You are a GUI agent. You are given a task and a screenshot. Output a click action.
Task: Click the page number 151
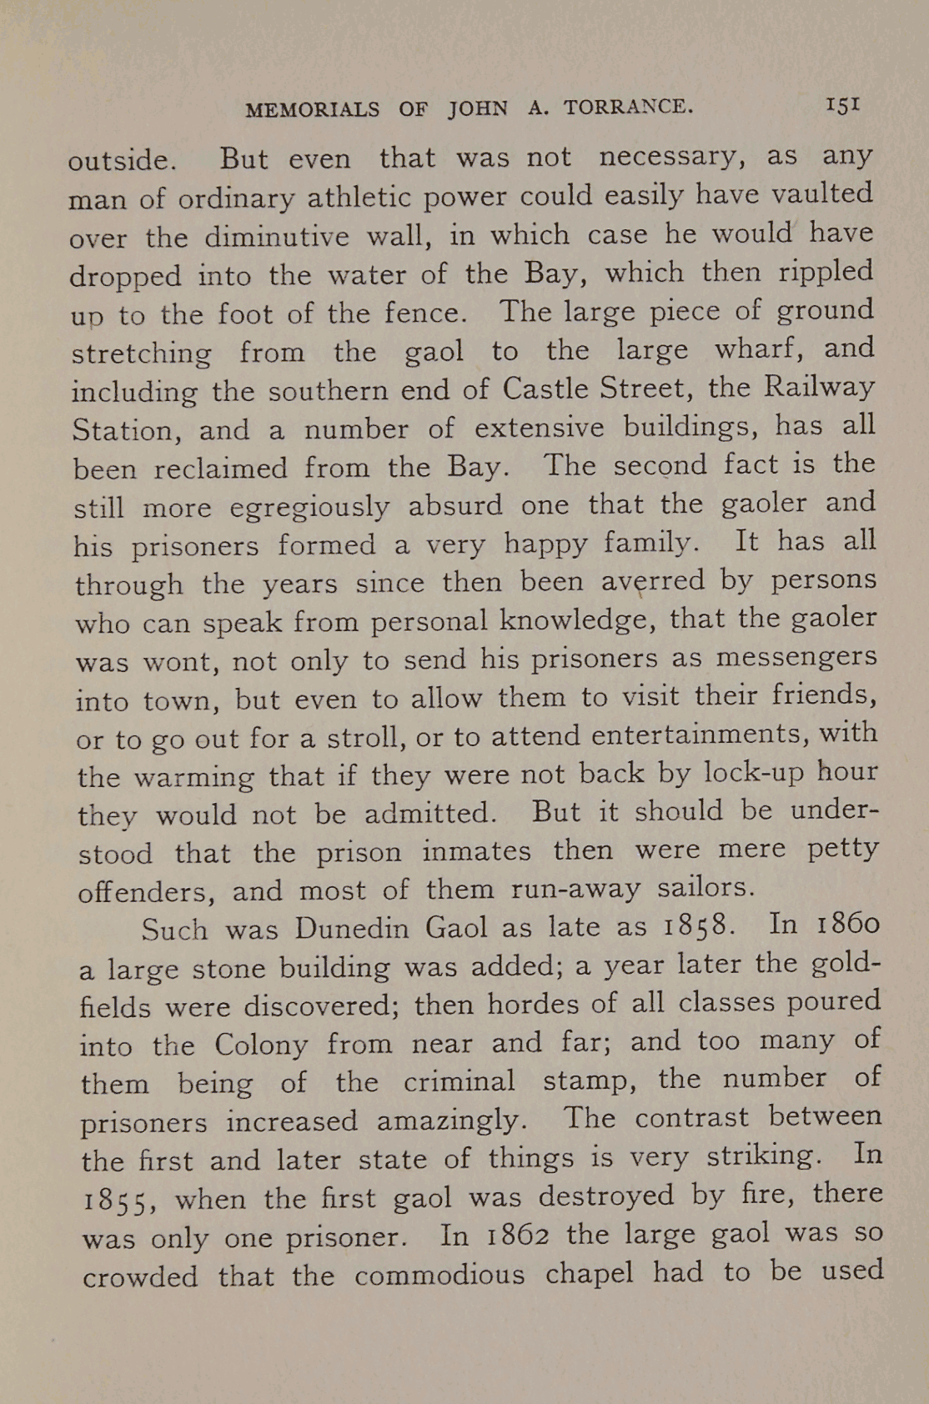point(843,106)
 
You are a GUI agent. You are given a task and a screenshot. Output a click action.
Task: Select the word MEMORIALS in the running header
point(313,110)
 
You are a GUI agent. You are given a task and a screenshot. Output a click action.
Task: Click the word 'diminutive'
point(277,237)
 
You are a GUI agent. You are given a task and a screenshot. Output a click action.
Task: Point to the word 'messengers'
point(796,657)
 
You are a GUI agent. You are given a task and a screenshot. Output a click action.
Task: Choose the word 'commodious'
point(439,1276)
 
